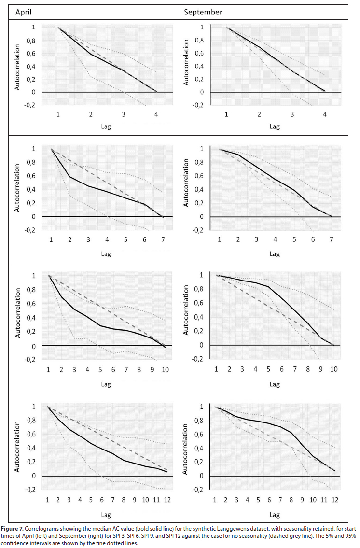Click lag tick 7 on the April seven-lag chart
(x=162, y=240)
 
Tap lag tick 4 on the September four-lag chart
(x=325, y=115)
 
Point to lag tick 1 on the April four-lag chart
(x=58, y=115)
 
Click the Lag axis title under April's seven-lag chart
(x=106, y=254)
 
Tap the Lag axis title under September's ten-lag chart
(x=275, y=384)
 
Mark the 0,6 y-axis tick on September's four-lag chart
(x=205, y=53)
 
